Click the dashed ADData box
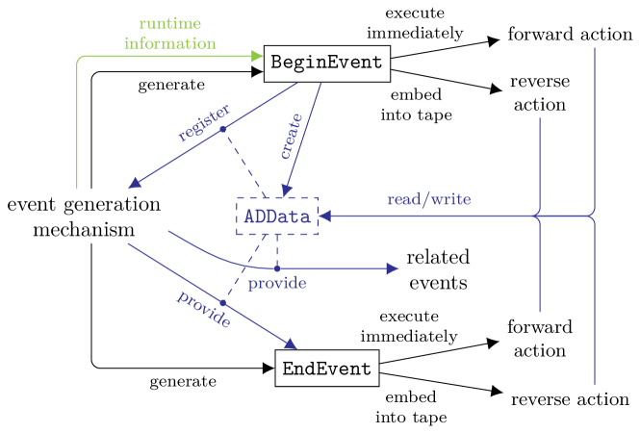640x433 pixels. pyautogui.click(x=277, y=216)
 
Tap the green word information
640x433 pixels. pyautogui.click(x=169, y=43)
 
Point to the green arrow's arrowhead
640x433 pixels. pyautogui.click(x=257, y=56)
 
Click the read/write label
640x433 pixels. pyautogui.click(x=428, y=200)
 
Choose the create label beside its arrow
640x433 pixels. pyautogui.click(x=290, y=136)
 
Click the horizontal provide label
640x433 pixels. pyautogui.click(x=277, y=283)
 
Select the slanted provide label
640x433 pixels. pyautogui.click(x=203, y=309)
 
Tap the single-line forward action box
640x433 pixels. pyautogui.click(x=570, y=35)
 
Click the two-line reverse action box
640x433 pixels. pyautogui.click(x=539, y=93)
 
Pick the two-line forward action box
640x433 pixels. pyautogui.click(x=539, y=339)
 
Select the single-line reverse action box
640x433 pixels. pyautogui.click(x=570, y=399)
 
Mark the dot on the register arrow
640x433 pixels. pyautogui.click(x=222, y=129)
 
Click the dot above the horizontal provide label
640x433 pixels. pyautogui.click(x=277, y=268)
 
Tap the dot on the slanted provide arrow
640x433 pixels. pyautogui.click(x=222, y=302)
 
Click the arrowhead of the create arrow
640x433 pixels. pyautogui.click(x=284, y=190)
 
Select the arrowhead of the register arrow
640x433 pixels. pyautogui.click(x=134, y=183)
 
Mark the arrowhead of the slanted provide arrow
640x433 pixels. pyautogui.click(x=290, y=344)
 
